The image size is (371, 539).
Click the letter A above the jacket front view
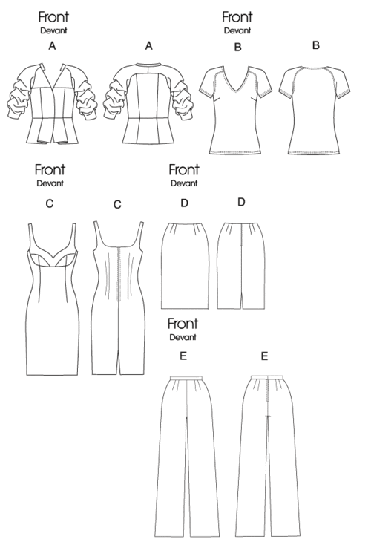point(52,45)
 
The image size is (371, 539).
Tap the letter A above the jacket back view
point(148,45)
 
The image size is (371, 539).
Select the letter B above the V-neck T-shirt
point(237,47)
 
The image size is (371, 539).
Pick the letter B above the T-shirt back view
point(316,45)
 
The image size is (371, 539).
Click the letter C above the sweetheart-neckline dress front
point(50,203)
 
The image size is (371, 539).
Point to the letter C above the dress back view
point(117,204)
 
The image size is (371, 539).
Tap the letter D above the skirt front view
point(185,203)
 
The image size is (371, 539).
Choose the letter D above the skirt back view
point(241,202)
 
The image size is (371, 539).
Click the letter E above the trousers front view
point(183,356)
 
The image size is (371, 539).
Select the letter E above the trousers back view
point(264,356)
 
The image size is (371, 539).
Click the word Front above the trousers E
point(183,324)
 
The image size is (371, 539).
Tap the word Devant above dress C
point(50,183)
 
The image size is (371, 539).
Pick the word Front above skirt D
point(184,170)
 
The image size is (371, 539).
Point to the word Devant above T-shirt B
point(237,30)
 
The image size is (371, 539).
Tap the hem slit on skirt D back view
point(243,301)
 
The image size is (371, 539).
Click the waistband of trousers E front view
point(186,378)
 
